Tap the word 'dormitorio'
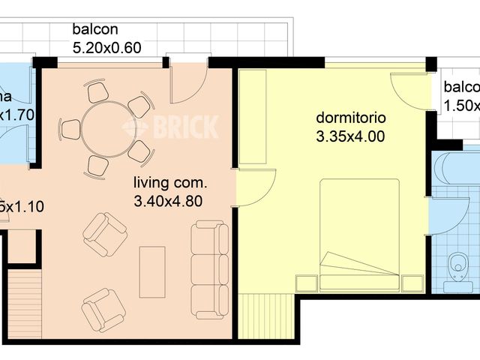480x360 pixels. click(350, 118)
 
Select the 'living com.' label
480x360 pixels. click(169, 182)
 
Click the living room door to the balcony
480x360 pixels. click(187, 84)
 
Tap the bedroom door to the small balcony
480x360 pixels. click(411, 90)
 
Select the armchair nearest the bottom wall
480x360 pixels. click(103, 309)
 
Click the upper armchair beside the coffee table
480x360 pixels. click(104, 234)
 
